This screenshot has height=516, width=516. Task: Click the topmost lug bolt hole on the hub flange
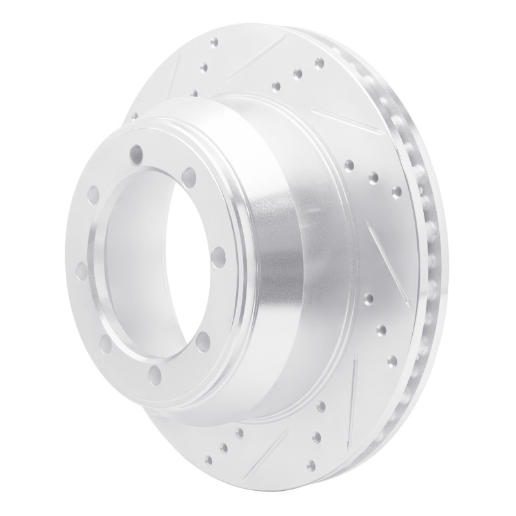tap(135, 153)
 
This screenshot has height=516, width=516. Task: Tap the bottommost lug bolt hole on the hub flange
tap(155, 373)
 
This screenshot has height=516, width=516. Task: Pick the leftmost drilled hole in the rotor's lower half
tap(208, 460)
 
